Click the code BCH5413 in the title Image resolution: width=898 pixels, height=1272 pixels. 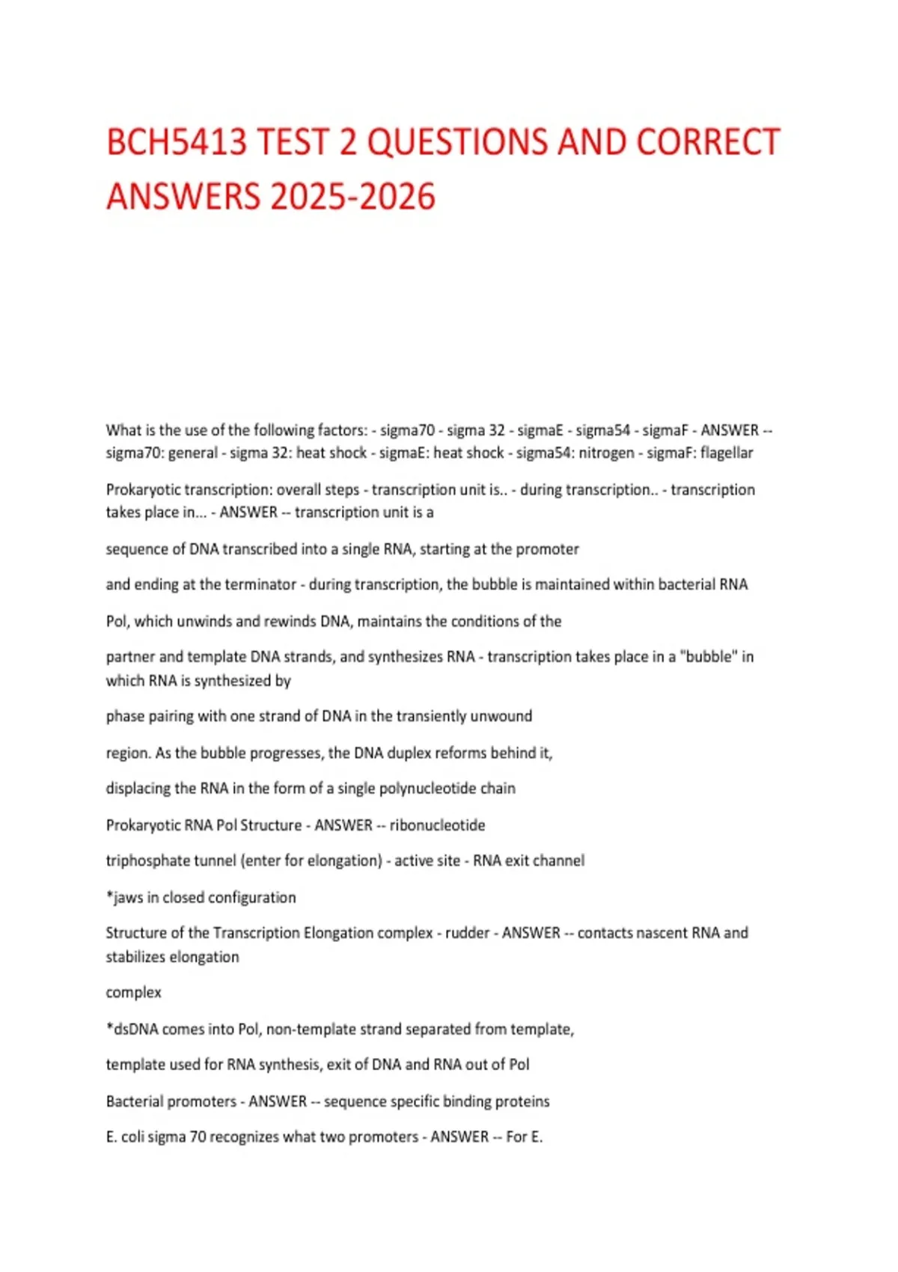point(177,142)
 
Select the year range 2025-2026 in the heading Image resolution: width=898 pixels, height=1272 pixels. point(352,196)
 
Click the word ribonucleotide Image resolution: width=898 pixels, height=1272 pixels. point(437,825)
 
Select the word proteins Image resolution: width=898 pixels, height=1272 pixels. point(522,1101)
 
